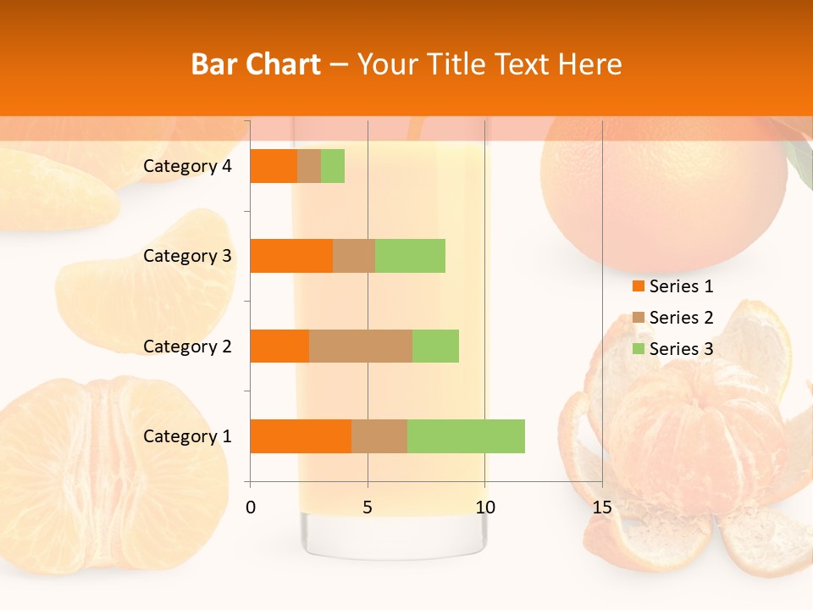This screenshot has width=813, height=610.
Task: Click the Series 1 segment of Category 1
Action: [x=301, y=436]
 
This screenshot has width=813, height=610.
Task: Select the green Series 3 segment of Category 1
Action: [x=466, y=436]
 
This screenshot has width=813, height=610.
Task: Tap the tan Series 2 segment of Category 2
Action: [x=361, y=346]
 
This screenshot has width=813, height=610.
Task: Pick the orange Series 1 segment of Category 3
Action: [x=291, y=256]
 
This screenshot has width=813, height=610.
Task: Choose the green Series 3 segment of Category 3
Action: [x=410, y=256]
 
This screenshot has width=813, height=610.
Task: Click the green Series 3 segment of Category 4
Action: [x=333, y=166]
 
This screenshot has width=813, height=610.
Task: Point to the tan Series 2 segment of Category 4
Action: [x=309, y=166]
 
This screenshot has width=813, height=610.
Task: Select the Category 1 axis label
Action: [x=187, y=436]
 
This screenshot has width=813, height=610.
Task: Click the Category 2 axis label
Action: [x=187, y=346]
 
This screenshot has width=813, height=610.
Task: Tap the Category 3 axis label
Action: [x=187, y=256]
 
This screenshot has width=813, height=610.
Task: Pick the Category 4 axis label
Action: [x=187, y=166]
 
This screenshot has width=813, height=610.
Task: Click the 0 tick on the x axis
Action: [x=251, y=507]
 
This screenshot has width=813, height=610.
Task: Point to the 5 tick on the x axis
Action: [x=368, y=507]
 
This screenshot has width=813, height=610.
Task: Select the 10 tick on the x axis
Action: [x=484, y=507]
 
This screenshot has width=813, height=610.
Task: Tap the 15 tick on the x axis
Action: [x=602, y=507]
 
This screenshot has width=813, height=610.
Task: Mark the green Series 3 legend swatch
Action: [x=638, y=349]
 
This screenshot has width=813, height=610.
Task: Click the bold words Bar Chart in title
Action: [x=255, y=64]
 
